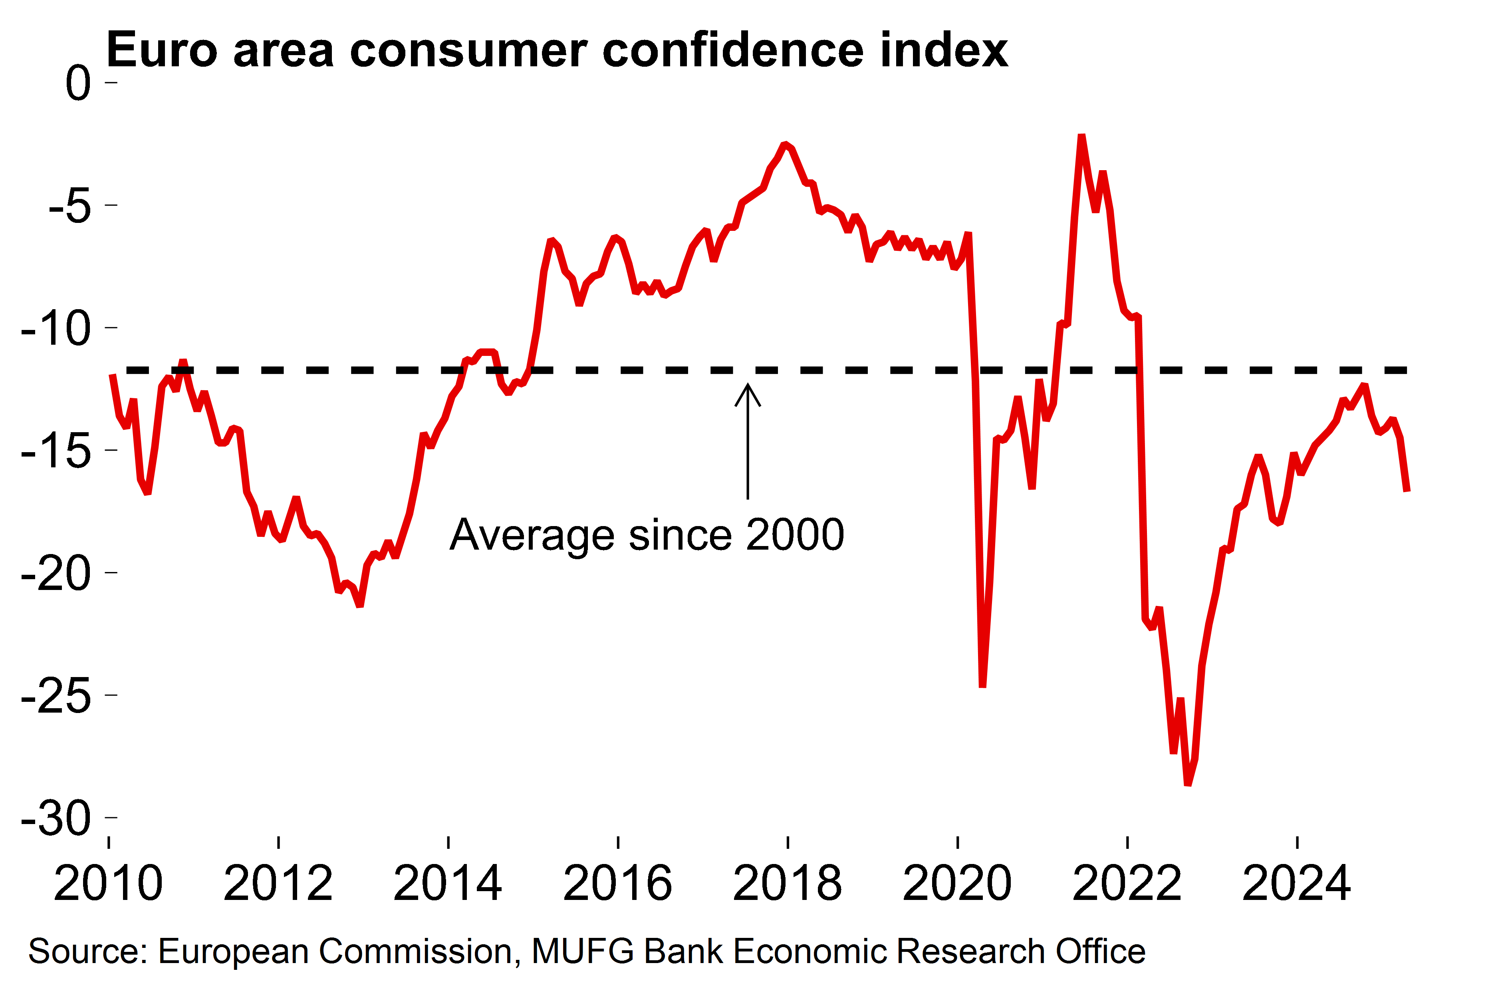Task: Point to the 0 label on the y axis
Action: [x=78, y=83]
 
